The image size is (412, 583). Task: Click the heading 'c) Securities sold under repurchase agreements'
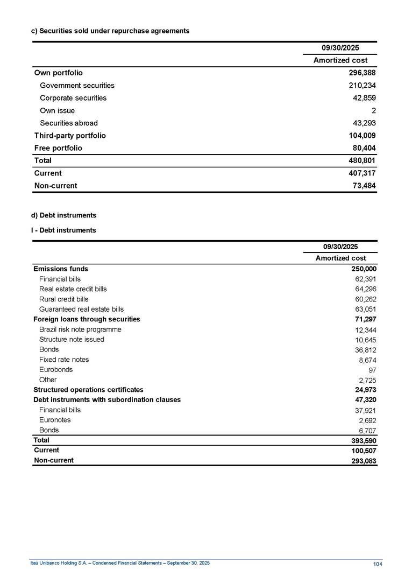coord(110,31)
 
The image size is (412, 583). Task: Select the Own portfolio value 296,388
coord(362,73)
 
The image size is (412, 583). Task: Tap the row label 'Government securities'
coord(77,86)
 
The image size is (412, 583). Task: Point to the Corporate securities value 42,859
coord(362,98)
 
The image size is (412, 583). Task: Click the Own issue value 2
coord(373,111)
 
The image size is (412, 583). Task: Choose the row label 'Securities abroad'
coord(69,123)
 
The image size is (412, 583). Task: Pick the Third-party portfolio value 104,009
coord(362,136)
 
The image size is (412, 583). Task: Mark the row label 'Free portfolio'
coord(58,148)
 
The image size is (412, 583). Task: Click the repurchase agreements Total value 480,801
coord(362,160)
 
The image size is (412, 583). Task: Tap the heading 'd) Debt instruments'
coord(63,215)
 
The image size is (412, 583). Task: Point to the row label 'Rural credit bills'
coord(63,299)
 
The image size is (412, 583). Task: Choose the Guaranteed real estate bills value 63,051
coord(365,310)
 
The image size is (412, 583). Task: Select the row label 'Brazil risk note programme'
coord(80,329)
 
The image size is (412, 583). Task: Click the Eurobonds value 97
coord(372,370)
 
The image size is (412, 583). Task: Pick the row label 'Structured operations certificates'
coord(88,390)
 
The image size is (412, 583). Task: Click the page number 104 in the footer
coord(378,564)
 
